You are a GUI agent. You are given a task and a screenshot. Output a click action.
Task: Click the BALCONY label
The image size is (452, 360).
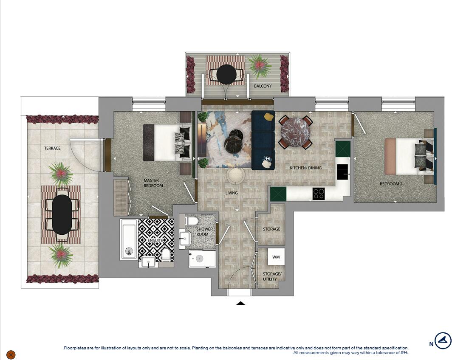coord(263,86)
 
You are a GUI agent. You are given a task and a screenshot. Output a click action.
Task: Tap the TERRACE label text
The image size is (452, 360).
coord(52,148)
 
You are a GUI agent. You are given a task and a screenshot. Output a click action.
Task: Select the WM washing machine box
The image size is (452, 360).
coord(276,257)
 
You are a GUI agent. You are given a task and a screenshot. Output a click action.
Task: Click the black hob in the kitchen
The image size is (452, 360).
coord(319,194)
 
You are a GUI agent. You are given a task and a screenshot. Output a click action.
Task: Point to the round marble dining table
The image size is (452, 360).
coord(296,132)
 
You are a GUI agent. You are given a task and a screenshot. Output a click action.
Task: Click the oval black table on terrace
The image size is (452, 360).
coord(62,214)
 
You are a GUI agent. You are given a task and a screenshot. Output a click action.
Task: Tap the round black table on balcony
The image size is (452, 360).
coord(226,75)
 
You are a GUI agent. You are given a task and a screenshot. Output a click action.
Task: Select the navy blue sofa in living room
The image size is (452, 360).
coord(263,140)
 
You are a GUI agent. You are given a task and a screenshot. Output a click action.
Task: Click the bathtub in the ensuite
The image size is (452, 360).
coord(128,239)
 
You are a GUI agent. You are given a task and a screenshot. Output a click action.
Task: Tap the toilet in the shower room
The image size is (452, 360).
coord(192,221)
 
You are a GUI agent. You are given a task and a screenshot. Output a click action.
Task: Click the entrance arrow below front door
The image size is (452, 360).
coord(240,303)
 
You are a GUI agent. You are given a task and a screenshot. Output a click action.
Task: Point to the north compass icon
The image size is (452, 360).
coord(443,341)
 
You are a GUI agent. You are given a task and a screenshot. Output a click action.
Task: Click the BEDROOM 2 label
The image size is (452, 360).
coord(391,184)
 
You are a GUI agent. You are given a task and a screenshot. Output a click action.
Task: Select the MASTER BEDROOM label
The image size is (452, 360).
coord(153,183)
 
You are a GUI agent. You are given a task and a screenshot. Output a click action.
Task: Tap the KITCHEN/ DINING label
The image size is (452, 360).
coord(305,168)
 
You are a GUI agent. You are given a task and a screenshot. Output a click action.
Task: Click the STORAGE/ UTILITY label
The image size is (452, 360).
coord(271,276)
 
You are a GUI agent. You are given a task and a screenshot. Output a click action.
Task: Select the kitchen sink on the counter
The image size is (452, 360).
coord(342,171)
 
